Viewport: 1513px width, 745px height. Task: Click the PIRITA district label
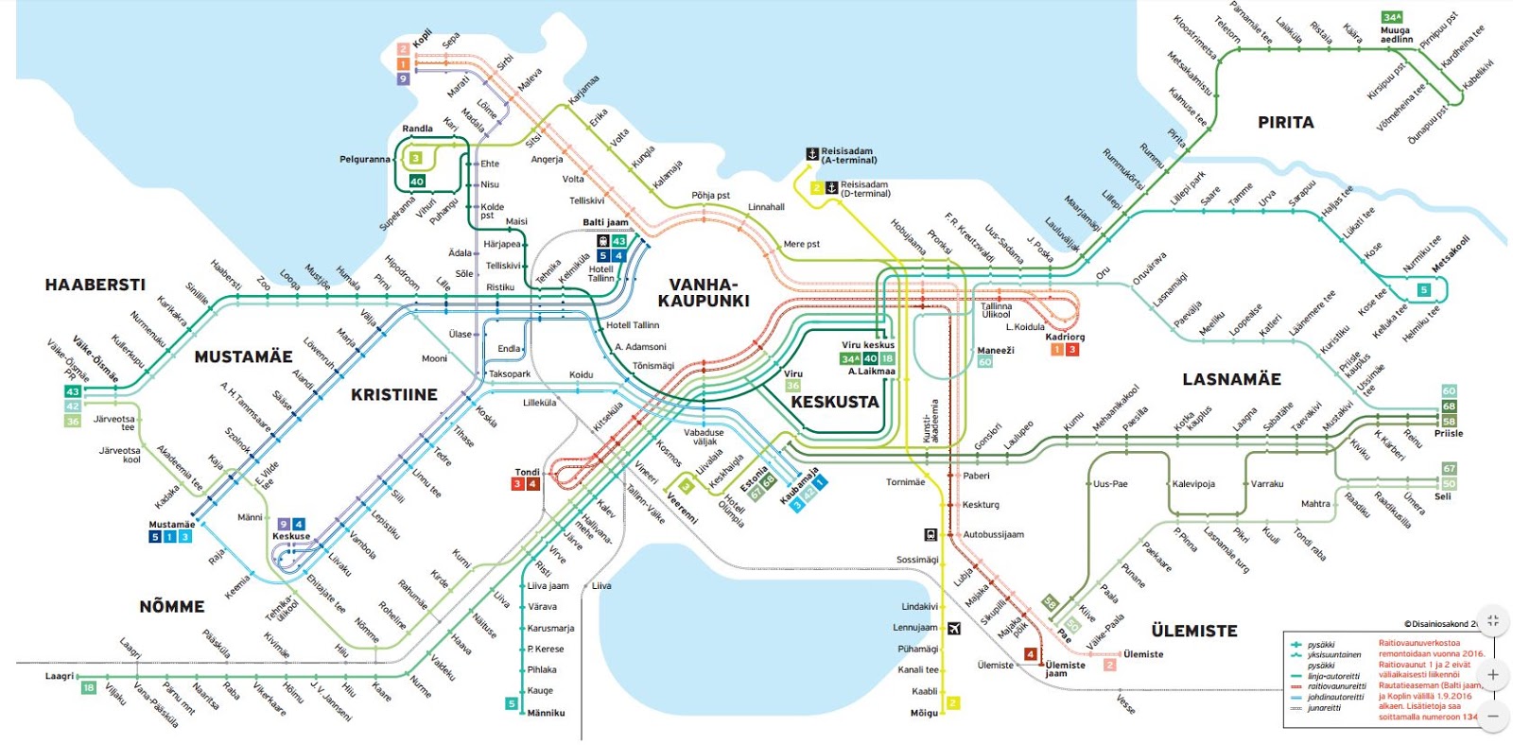(x=1285, y=122)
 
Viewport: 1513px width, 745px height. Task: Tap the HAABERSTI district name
(x=95, y=285)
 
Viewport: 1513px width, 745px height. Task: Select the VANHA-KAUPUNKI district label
(x=704, y=293)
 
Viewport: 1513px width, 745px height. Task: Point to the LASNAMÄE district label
(x=1231, y=379)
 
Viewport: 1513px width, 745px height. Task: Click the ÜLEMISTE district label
(x=1193, y=631)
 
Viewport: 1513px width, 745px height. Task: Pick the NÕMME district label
(x=171, y=606)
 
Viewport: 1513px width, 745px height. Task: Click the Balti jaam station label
(x=605, y=223)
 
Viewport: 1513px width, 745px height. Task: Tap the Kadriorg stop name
(x=1065, y=337)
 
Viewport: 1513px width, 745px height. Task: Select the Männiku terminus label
(x=546, y=713)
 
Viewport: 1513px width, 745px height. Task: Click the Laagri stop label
(x=59, y=676)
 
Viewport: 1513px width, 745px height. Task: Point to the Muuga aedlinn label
(x=1396, y=35)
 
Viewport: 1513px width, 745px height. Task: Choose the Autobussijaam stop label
(x=993, y=534)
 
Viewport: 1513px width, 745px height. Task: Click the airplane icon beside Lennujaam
(x=954, y=628)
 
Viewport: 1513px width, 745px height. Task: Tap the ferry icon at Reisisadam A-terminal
(x=811, y=153)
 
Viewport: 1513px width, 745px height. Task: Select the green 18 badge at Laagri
(x=88, y=687)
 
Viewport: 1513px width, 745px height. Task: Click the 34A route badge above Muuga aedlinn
(x=1392, y=17)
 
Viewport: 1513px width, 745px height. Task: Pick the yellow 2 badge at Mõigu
(x=953, y=702)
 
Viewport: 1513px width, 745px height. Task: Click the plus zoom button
(x=1492, y=675)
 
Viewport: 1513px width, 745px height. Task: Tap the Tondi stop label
(x=527, y=472)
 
